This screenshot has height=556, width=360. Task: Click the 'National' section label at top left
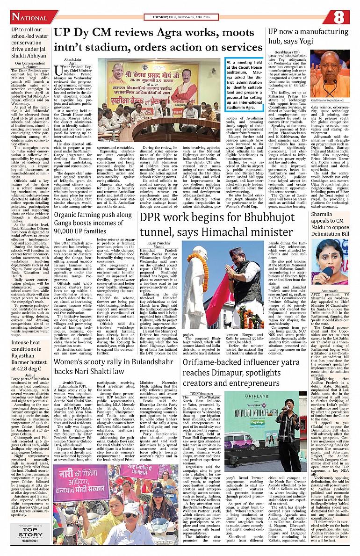coord(28,18)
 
